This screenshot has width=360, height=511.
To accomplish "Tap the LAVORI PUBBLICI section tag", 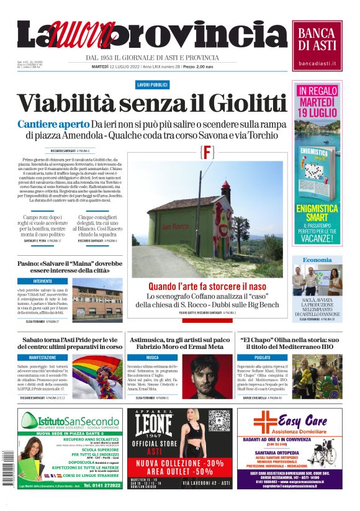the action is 152,84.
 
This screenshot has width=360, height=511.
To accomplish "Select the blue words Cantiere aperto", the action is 53,124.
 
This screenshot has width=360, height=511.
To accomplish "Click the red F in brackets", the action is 207,152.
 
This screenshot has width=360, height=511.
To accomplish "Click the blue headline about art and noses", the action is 207,287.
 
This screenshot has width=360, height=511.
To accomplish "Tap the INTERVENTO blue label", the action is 43,281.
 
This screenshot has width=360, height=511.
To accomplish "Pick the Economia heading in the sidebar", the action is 317,260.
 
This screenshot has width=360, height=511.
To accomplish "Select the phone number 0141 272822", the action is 102,485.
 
